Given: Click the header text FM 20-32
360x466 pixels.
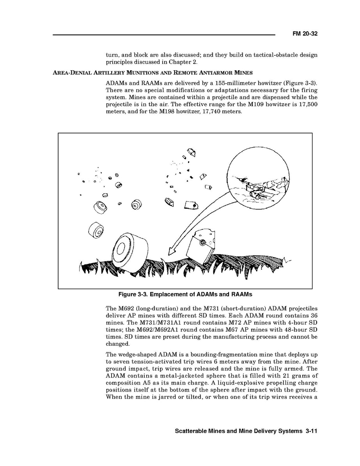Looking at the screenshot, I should coord(305,34).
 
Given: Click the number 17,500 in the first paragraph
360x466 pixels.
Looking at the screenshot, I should coord(307,104).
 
